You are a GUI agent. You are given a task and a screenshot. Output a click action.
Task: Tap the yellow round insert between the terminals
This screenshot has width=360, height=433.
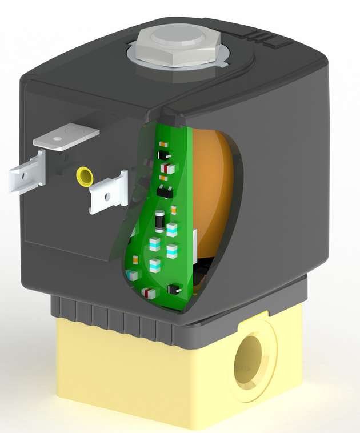(85, 175)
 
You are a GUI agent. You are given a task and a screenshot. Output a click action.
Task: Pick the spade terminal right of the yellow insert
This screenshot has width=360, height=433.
(109, 194)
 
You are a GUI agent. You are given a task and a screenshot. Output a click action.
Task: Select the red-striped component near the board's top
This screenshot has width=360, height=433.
(167, 168)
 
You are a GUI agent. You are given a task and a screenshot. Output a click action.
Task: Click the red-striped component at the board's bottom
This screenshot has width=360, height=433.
(150, 293)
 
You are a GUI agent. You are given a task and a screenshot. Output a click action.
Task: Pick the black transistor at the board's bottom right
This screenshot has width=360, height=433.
(176, 290)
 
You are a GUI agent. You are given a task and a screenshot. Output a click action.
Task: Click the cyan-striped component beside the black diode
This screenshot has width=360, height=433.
(171, 230)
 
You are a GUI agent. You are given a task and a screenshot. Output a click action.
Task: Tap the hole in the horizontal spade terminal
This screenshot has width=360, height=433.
(58, 137)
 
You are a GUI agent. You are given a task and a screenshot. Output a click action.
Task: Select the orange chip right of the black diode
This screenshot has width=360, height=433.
(174, 210)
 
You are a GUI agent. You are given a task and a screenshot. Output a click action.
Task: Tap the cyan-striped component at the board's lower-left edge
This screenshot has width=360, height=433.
(133, 275)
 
